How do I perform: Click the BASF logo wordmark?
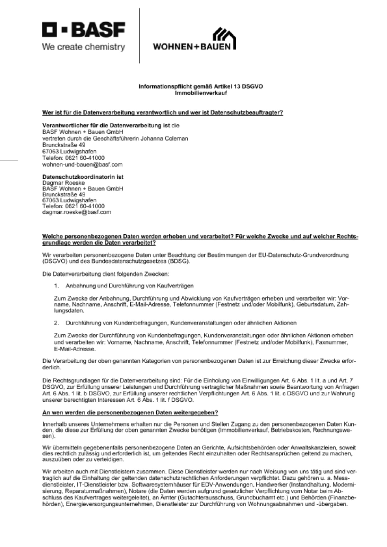83,30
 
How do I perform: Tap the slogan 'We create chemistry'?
83,47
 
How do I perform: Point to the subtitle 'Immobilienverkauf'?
201,93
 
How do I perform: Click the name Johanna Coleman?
164,138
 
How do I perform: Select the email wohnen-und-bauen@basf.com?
82,165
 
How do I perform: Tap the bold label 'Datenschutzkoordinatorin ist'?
83,177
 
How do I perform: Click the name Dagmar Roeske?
63,183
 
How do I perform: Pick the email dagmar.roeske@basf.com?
77,212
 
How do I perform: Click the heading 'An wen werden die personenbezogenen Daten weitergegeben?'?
130,412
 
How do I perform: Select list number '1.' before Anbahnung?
56,286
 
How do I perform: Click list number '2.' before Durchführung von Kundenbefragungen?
56,323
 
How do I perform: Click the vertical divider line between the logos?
139,36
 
